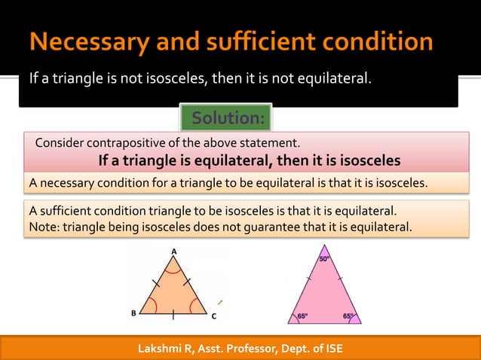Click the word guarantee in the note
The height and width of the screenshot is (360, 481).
[x=290, y=227]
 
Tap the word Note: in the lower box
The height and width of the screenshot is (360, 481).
[x=44, y=227]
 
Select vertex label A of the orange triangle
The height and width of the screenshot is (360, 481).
[x=173, y=252]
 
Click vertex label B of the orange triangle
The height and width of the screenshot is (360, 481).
[x=133, y=313]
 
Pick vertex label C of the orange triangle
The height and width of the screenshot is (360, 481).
[x=213, y=316]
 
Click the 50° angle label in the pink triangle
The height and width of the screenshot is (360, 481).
[x=324, y=259]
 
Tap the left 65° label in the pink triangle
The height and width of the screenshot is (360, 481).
[x=302, y=316]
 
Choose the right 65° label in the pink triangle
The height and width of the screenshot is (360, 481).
[x=348, y=316]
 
